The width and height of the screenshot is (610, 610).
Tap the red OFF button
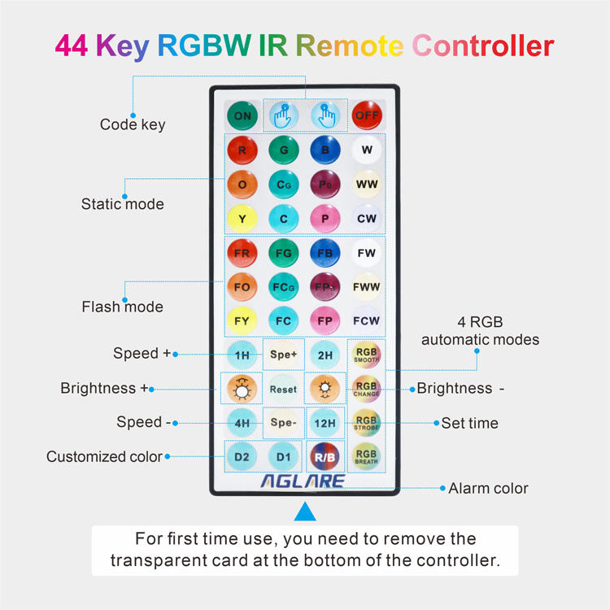click(366, 115)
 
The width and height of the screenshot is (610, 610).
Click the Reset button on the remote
click(283, 388)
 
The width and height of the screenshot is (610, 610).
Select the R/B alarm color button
click(325, 456)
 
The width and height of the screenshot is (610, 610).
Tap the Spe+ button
click(283, 355)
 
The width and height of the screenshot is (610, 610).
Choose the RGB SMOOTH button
click(366, 354)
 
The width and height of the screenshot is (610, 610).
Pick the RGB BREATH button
click(366, 456)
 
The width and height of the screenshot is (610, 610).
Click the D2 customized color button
click(242, 456)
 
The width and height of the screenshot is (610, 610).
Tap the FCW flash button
click(366, 320)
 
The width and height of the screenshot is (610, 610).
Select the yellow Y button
click(242, 218)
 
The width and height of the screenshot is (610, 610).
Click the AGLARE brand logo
click(303, 481)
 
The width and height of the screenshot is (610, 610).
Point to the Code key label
click(133, 124)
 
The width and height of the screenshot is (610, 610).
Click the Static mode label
click(122, 204)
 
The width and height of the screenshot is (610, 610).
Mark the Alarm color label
click(488, 488)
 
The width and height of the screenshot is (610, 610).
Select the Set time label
click(469, 423)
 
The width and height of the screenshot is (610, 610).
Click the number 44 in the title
click(72, 46)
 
